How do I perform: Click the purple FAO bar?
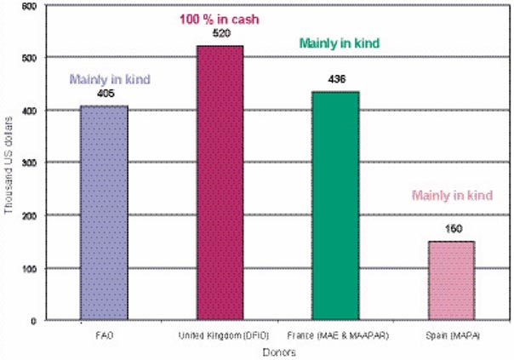tap(104, 213)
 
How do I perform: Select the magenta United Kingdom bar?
tap(220, 183)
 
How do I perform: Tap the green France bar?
tap(336, 205)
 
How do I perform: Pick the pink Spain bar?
tap(452, 280)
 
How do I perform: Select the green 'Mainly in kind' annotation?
tap(338, 43)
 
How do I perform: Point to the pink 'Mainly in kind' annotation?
tap(454, 195)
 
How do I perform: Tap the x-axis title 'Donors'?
tap(279, 351)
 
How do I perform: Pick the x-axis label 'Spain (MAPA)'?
tap(452, 338)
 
